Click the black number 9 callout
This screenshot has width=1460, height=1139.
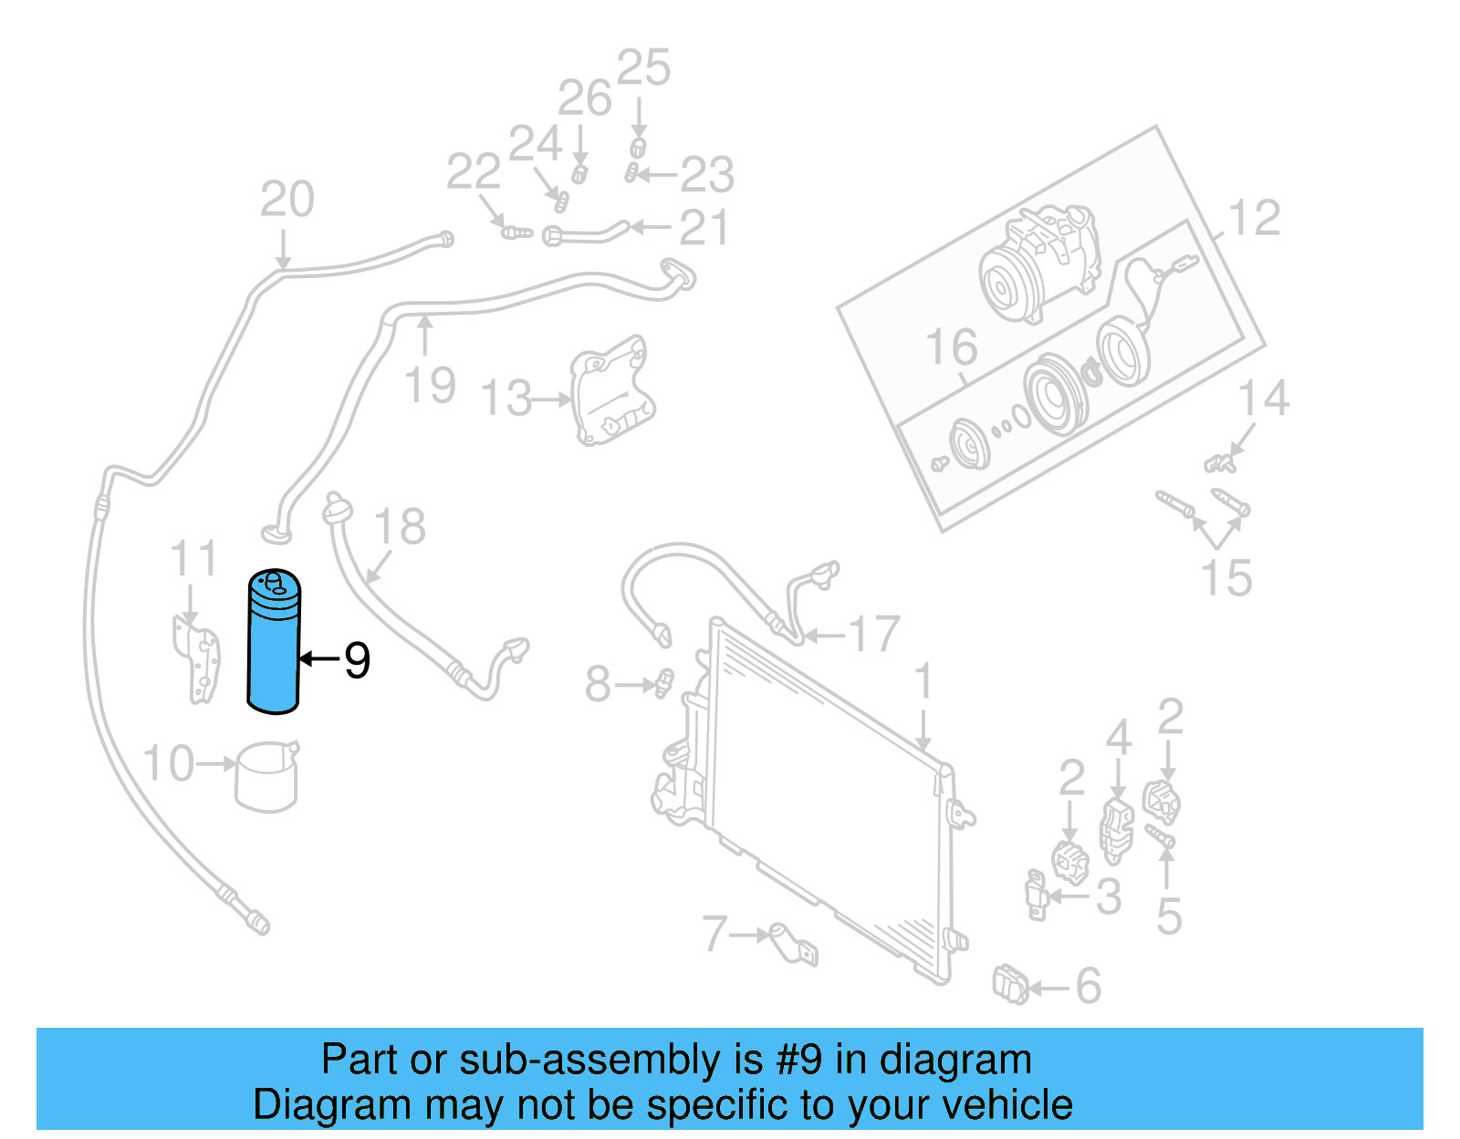click(357, 659)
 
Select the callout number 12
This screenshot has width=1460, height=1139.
click(1255, 219)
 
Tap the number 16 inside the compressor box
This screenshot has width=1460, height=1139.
click(951, 347)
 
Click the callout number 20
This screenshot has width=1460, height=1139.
click(287, 199)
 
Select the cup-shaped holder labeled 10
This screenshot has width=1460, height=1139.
click(266, 777)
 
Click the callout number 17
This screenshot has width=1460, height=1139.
click(873, 634)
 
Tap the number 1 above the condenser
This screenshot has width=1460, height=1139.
click(923, 682)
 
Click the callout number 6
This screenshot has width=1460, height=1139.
click(1088, 986)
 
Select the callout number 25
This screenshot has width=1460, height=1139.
click(643, 68)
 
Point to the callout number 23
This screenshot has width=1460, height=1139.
click(707, 174)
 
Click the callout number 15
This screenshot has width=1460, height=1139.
click(1225, 578)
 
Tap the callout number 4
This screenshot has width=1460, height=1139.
click(1119, 737)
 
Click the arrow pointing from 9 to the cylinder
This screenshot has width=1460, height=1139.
click(318, 658)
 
